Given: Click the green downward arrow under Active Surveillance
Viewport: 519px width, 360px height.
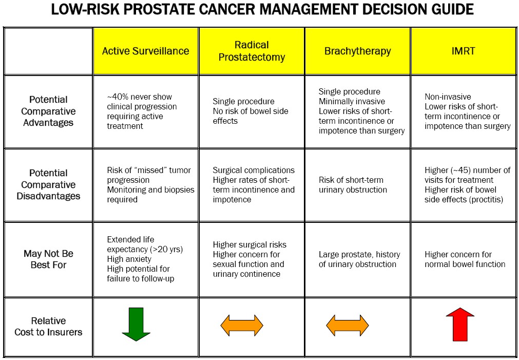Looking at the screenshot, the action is [136, 324].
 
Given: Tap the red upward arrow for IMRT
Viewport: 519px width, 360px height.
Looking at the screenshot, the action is [460, 324].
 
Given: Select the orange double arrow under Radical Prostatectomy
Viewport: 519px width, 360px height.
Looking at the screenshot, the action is [242, 326].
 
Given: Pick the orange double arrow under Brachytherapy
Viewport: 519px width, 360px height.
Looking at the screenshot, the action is [348, 326].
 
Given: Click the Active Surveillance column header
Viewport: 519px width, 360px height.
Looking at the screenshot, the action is [146, 51].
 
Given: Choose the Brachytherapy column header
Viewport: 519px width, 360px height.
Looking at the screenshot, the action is [357, 51].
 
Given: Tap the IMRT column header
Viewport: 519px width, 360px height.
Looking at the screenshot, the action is [463, 51].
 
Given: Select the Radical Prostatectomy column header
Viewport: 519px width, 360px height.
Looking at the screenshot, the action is [252, 51].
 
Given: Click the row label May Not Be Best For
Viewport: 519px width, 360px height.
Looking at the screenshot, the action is [48, 259].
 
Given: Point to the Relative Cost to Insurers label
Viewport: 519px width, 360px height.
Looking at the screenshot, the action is [48, 327].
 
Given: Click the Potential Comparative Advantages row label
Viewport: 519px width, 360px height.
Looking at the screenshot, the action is [48, 111].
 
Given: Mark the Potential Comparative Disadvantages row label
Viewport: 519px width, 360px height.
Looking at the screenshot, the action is [48, 184].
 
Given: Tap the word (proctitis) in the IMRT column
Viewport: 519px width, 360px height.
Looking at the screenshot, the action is [485, 200].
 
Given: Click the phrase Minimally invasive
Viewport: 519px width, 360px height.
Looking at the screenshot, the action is [352, 101].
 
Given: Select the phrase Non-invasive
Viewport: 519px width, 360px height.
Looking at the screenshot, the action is [448, 97].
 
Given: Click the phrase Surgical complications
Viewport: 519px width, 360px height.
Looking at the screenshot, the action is [254, 170].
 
